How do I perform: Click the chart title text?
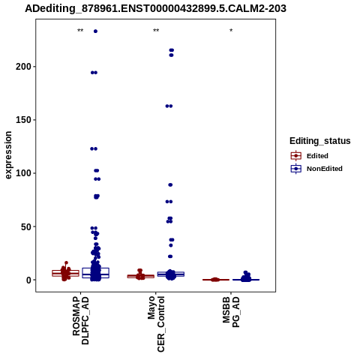coord(155,8)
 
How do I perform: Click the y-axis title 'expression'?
coord(8,155)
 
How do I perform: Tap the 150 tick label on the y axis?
coord(23,120)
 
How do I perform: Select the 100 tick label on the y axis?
coord(23,173)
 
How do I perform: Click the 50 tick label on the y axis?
coord(25,226)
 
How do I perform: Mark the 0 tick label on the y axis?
coord(28,280)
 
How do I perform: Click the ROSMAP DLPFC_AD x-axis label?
coord(80,321)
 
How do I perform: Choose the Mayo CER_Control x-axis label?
coord(156,324)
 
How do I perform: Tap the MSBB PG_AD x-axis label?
coord(231,312)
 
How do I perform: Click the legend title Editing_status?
coord(320,141)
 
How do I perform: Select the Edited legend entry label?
coord(317,156)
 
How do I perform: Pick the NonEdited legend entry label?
coord(325,169)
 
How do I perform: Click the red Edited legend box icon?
coord(296,156)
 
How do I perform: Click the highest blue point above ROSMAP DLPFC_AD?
coord(95,31)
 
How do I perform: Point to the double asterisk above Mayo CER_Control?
coord(156,31)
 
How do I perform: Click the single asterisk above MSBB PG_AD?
coord(231,31)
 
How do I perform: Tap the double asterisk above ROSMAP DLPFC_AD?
coord(80,31)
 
